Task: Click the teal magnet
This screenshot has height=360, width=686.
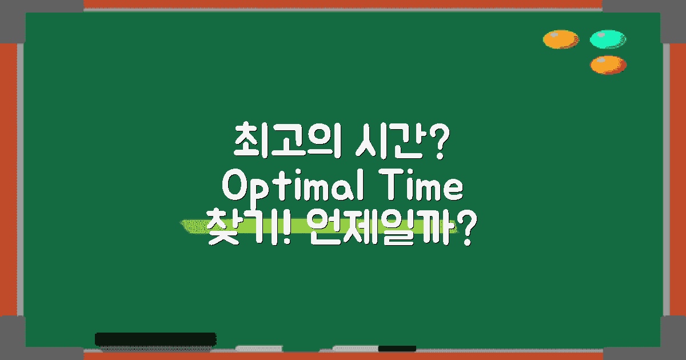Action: (x=608, y=39)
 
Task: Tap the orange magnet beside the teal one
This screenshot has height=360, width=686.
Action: (x=561, y=39)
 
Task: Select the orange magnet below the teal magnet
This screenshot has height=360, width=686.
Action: (x=608, y=65)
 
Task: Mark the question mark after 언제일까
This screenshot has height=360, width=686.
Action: (x=464, y=229)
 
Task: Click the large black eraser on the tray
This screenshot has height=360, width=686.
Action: (x=155, y=339)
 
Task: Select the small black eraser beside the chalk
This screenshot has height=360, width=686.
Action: (x=397, y=348)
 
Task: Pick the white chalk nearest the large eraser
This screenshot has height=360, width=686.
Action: (x=259, y=347)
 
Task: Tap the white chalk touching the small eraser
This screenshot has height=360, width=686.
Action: (x=355, y=347)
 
